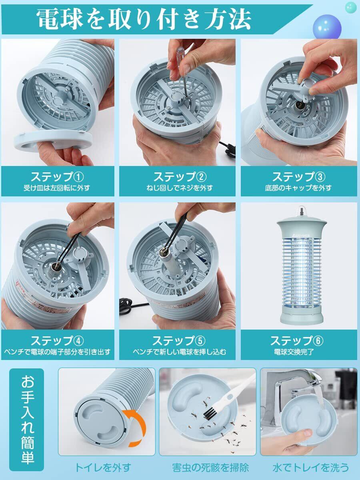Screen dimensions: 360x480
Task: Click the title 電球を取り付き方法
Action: coord(144,19)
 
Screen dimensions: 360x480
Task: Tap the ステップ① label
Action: coord(57,177)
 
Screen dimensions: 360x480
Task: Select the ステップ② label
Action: coord(180,177)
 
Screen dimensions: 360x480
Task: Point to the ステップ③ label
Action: coord(298,177)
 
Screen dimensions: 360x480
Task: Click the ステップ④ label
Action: coord(57,340)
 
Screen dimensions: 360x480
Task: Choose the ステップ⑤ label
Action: coord(179,340)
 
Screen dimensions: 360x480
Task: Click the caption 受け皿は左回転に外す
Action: coord(57,188)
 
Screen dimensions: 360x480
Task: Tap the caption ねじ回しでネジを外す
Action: coord(180,188)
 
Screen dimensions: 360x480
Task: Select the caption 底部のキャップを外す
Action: coord(298,188)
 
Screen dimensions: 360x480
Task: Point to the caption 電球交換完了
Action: coord(294,352)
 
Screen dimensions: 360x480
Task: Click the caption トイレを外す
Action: coord(103,468)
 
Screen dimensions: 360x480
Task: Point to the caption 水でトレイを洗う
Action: coord(311,468)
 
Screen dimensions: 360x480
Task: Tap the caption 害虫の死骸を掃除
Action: coord(210,468)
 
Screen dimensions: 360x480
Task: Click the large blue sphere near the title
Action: coord(327,27)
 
